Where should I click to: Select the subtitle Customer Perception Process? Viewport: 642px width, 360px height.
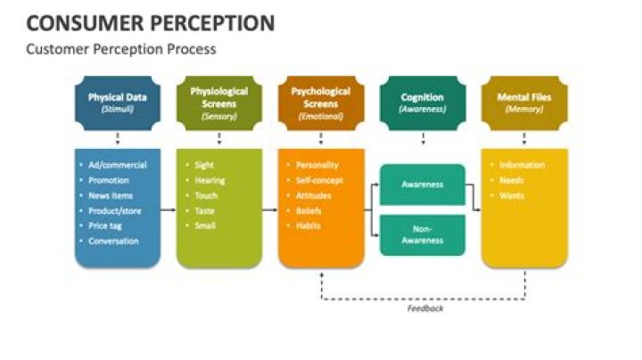120,49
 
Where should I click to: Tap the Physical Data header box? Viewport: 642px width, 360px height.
118,102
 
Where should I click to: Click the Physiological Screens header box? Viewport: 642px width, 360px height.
219,102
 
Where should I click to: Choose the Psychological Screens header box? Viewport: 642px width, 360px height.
321,102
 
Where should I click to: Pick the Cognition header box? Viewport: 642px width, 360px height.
423,102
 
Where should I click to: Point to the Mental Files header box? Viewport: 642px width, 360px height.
524,102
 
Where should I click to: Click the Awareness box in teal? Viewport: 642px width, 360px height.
423,184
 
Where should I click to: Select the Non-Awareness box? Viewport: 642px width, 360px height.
423,234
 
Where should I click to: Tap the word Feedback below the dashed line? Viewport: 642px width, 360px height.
424,308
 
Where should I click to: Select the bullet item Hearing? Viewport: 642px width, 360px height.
210,180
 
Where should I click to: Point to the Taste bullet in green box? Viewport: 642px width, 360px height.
205,210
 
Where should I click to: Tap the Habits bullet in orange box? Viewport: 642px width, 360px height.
309,225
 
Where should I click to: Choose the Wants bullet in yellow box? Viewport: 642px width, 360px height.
512,195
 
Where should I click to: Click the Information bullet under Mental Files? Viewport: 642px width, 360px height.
522,165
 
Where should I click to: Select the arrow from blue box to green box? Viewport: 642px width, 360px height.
169,209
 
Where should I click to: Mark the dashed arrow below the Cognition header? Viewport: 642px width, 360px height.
423,138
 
